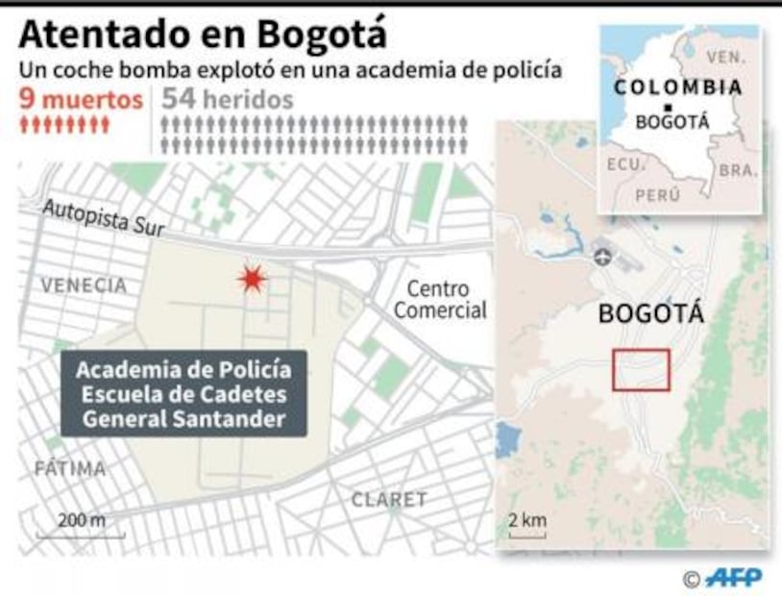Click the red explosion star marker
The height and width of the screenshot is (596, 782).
tap(252, 279)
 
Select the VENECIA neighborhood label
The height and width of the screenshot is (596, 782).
tap(84, 286)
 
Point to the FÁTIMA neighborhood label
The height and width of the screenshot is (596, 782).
tap(69, 469)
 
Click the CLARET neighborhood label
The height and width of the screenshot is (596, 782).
tap(388, 500)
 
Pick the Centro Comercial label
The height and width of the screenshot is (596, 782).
tap(440, 300)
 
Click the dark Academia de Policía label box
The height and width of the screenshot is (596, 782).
tap(183, 393)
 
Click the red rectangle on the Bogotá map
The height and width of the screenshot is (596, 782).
tap(641, 370)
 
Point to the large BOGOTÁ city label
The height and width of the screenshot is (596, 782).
tap(650, 314)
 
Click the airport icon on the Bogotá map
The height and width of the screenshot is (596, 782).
tap(602, 257)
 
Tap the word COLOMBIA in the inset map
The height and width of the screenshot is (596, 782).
tap(678, 87)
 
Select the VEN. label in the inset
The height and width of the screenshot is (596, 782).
tap(725, 58)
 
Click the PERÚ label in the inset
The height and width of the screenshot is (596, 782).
tap(657, 195)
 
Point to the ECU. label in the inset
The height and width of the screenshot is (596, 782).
tap(625, 164)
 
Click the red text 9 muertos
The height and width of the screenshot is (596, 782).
tap(82, 99)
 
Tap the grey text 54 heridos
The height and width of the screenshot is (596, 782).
tap(228, 99)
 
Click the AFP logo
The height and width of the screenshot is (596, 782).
tap(733, 577)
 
